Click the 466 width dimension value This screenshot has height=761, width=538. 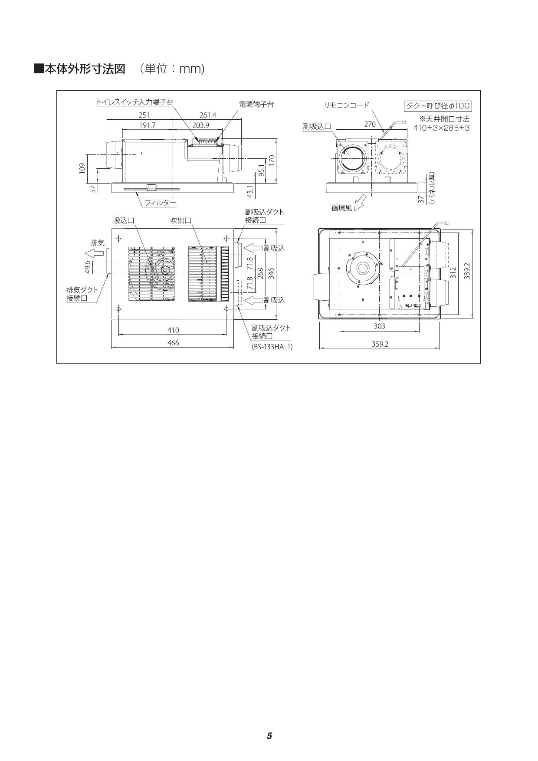(x=173, y=343)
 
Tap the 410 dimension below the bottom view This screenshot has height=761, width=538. (x=173, y=330)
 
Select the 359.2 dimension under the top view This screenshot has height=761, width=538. (x=380, y=344)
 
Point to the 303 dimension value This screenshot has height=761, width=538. (x=379, y=326)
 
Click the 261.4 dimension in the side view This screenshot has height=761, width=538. (x=208, y=115)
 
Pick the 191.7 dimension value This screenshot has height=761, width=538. (x=147, y=125)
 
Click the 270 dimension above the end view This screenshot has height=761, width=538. (x=370, y=125)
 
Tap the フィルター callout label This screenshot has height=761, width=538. (x=160, y=203)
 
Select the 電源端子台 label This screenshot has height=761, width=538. (x=256, y=105)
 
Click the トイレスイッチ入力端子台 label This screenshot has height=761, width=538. (x=134, y=102)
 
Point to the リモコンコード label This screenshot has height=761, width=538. (x=347, y=105)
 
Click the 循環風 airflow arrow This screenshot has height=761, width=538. (x=360, y=203)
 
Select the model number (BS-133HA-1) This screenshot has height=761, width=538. (x=272, y=347)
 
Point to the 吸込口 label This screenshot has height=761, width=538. (x=124, y=221)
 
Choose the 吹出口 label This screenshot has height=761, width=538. (x=180, y=221)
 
